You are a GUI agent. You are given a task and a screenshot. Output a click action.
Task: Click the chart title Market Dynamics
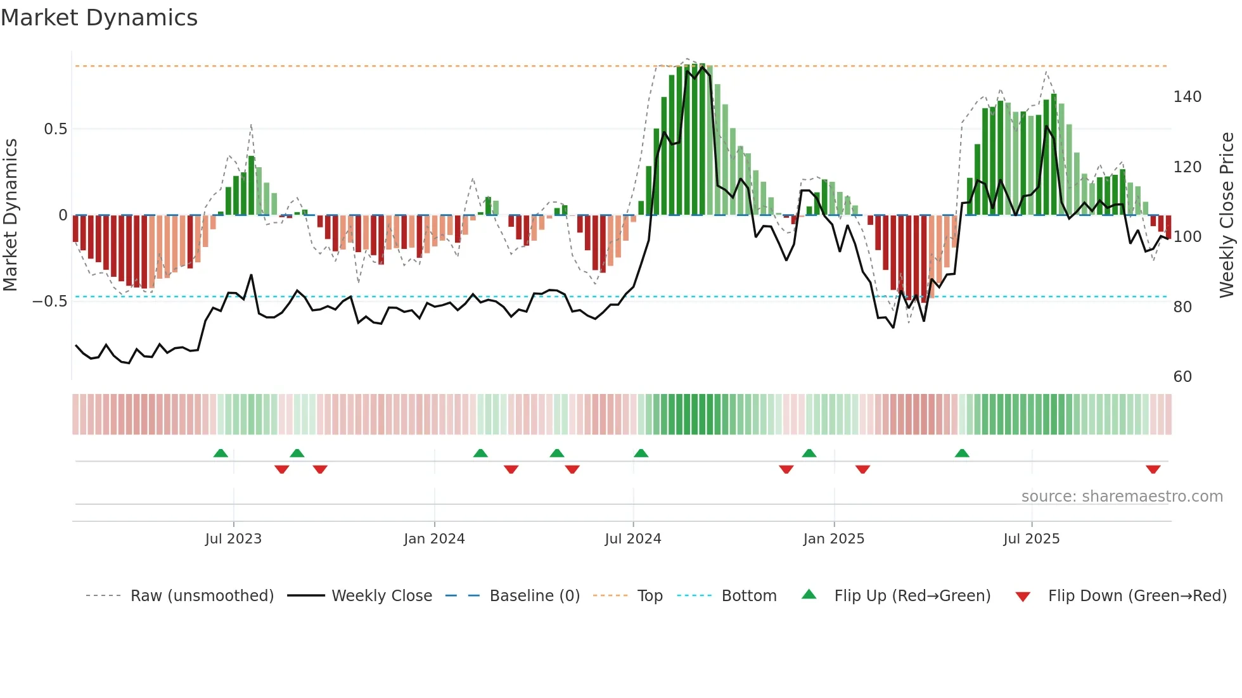pyautogui.click(x=99, y=18)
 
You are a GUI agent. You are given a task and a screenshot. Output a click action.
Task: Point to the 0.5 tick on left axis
pyautogui.click(x=55, y=129)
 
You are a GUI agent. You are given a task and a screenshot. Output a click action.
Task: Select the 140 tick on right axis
pyautogui.click(x=1187, y=97)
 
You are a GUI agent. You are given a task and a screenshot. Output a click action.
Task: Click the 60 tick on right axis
pyautogui.click(x=1182, y=377)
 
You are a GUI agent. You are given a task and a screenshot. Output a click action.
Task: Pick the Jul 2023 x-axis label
pyautogui.click(x=233, y=539)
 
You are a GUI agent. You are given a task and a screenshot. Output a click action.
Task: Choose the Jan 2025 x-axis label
pyautogui.click(x=833, y=539)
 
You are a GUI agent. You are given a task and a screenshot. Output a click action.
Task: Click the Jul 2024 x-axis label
pyautogui.click(x=632, y=539)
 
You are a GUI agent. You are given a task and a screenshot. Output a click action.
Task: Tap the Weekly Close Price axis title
pyautogui.click(x=1227, y=215)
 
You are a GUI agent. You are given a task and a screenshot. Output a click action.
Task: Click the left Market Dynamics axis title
pyautogui.click(x=10, y=215)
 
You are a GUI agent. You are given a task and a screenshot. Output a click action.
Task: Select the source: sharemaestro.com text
pyautogui.click(x=1122, y=497)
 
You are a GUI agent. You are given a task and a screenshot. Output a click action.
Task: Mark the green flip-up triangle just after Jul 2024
pyautogui.click(x=641, y=454)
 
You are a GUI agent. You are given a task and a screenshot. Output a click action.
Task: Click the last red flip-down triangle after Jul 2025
pyautogui.click(x=1153, y=469)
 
